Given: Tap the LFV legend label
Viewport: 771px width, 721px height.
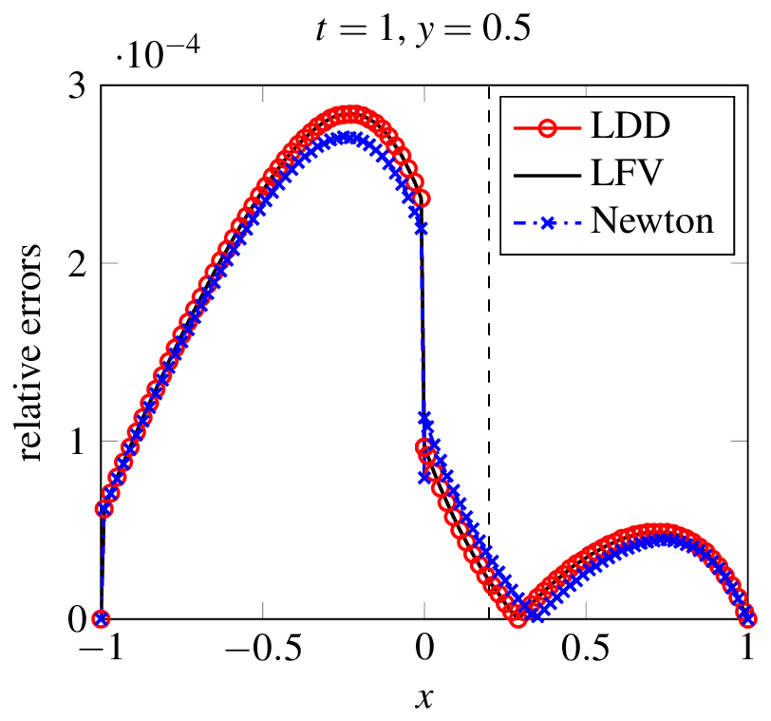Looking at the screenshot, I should click(x=626, y=174).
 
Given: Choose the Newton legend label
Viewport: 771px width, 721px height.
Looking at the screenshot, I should click(x=651, y=221).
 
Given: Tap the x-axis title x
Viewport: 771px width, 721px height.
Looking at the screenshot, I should click(x=423, y=697).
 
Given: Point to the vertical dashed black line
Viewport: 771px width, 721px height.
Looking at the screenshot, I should click(x=489, y=380).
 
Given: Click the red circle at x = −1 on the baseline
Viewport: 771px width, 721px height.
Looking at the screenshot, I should click(x=101, y=618).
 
